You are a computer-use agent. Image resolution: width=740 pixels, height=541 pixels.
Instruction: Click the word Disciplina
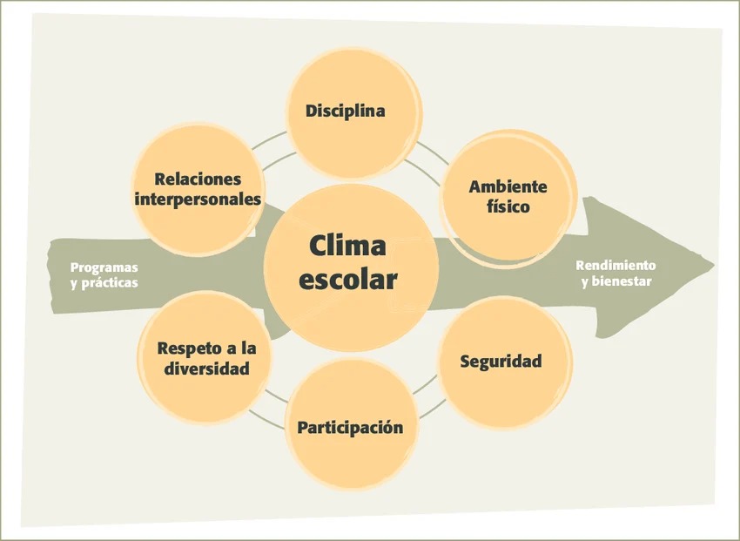[345, 112]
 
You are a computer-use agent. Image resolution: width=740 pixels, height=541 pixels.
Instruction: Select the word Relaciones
[198, 179]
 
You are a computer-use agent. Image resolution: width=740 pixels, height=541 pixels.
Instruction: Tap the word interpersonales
[198, 199]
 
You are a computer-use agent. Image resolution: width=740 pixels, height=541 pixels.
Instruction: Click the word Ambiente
[508, 186]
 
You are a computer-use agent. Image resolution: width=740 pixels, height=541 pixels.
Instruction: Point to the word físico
[508, 206]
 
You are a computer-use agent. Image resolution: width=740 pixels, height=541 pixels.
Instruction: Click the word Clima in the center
[348, 246]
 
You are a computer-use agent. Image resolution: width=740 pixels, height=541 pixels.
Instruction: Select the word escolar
[348, 280]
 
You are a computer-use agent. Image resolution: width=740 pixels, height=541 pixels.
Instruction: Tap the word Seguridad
[501, 362]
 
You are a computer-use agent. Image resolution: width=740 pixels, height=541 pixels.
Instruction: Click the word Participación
[350, 428]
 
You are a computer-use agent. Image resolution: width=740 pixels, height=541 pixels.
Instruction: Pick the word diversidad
[206, 369]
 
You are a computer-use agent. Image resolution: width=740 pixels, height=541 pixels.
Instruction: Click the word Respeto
[184, 349]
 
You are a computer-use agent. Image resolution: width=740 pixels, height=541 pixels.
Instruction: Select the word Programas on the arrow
[104, 268]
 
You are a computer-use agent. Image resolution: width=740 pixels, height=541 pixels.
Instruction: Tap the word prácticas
[110, 283]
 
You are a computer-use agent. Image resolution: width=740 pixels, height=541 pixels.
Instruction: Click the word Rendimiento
[616, 266]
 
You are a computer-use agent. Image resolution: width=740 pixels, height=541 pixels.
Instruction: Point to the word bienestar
[622, 281]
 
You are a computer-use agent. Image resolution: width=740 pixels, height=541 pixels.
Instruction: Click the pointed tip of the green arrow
[714, 266]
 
